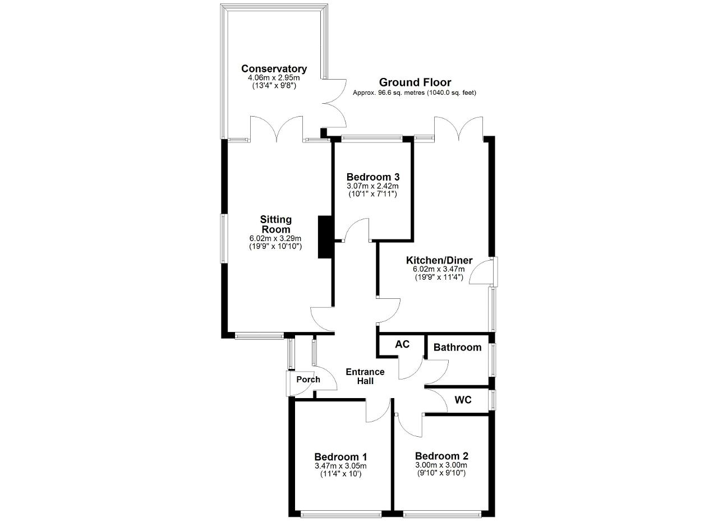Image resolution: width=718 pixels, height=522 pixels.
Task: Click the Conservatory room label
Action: click(274, 68)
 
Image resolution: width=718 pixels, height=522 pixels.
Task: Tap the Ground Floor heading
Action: click(415, 82)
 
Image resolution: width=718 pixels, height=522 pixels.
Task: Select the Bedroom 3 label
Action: click(373, 177)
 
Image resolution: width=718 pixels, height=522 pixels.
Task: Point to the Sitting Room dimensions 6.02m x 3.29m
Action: click(275, 238)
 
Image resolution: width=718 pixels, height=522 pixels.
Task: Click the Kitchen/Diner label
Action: click(439, 260)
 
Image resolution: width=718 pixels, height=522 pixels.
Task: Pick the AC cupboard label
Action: click(402, 344)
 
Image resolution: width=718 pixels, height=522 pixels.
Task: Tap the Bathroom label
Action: click(457, 347)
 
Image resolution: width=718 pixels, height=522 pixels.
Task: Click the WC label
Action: click(463, 400)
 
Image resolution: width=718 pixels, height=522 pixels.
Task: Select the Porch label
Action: click(308, 380)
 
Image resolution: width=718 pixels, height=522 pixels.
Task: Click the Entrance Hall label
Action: click(365, 376)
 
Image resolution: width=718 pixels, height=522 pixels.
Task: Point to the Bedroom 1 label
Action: click(340, 456)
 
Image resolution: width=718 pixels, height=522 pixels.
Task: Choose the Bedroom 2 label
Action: click(441, 456)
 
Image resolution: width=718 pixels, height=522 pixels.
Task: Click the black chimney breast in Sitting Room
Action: click(325, 237)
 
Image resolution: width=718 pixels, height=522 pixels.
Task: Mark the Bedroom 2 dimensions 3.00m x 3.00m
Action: click(441, 465)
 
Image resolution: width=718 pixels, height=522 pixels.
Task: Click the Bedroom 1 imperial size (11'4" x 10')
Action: click(340, 474)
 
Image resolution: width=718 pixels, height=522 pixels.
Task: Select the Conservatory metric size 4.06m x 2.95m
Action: click(274, 77)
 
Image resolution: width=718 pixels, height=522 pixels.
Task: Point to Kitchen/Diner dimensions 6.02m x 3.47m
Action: click(439, 269)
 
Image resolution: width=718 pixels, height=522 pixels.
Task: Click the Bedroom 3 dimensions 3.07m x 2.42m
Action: click(373, 186)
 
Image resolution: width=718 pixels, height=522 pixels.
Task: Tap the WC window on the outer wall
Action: click(493, 400)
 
